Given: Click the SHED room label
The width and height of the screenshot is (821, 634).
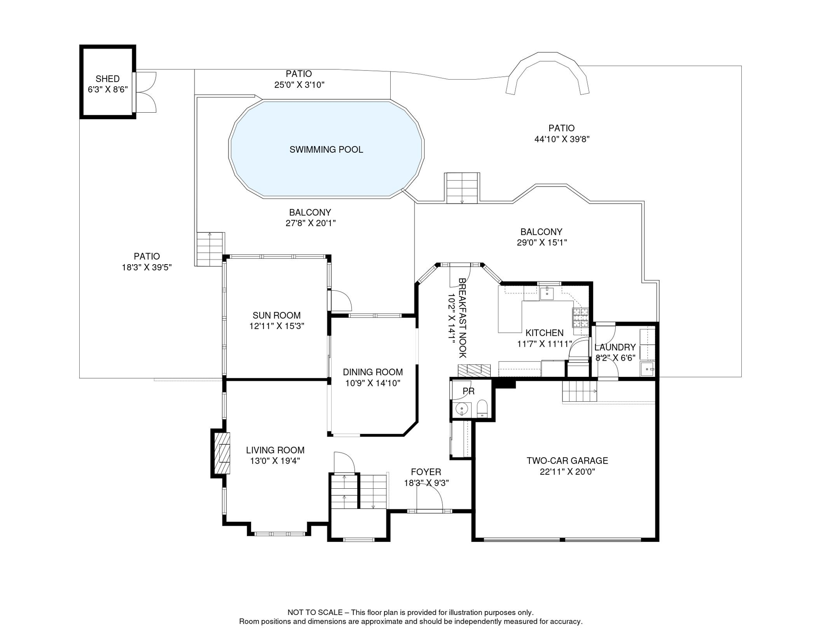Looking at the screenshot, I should pyautogui.click(x=107, y=79).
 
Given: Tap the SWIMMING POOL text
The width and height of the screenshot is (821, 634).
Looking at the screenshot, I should pyautogui.click(x=326, y=150).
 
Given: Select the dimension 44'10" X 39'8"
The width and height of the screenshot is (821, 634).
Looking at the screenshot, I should pyautogui.click(x=561, y=139).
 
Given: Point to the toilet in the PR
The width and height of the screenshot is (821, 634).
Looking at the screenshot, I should pyautogui.click(x=482, y=409).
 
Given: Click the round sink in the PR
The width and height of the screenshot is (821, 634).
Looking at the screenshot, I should pyautogui.click(x=461, y=409).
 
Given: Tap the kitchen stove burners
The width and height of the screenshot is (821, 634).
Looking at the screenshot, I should pyautogui.click(x=580, y=318).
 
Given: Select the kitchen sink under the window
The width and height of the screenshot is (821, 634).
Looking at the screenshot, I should pyautogui.click(x=546, y=293).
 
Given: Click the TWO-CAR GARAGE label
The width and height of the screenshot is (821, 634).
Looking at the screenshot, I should pyautogui.click(x=567, y=461).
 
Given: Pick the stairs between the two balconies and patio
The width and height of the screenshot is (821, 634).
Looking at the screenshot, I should pyautogui.click(x=462, y=188).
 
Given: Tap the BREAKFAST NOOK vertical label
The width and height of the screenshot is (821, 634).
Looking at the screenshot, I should pyautogui.click(x=462, y=318).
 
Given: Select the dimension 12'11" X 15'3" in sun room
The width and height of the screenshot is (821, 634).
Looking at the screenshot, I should pyautogui.click(x=276, y=326).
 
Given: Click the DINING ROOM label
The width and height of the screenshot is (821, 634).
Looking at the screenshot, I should pyautogui.click(x=373, y=372).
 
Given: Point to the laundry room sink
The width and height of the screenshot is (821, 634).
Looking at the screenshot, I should pyautogui.click(x=647, y=369).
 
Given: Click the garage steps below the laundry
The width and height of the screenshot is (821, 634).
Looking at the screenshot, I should pyautogui.click(x=579, y=391).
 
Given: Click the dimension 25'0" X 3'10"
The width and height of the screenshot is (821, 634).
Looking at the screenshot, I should pyautogui.click(x=299, y=85).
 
